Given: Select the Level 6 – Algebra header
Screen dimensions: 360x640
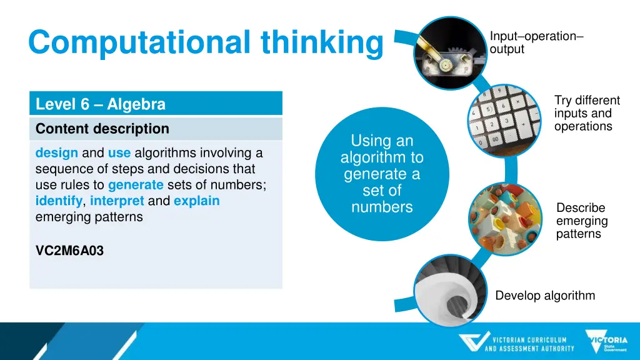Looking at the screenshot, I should [x=101, y=104].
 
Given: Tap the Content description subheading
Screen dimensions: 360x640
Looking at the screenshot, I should [x=102, y=129].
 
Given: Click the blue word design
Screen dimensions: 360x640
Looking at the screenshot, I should [x=57, y=153].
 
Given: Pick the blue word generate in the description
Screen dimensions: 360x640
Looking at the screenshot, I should [x=136, y=185].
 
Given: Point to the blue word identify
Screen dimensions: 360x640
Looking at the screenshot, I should [x=59, y=201].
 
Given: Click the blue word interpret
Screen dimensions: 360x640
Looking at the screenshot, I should [x=117, y=201].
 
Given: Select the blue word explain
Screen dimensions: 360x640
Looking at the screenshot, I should [x=197, y=201].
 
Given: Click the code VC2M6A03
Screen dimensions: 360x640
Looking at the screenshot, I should [x=70, y=251].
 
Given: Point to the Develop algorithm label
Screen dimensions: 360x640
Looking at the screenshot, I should [x=545, y=296].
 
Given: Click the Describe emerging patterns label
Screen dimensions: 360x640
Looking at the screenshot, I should [x=582, y=221].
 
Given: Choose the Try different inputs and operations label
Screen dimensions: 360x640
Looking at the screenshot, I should [x=586, y=113].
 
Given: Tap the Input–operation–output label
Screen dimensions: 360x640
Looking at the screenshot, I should [x=536, y=42].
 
